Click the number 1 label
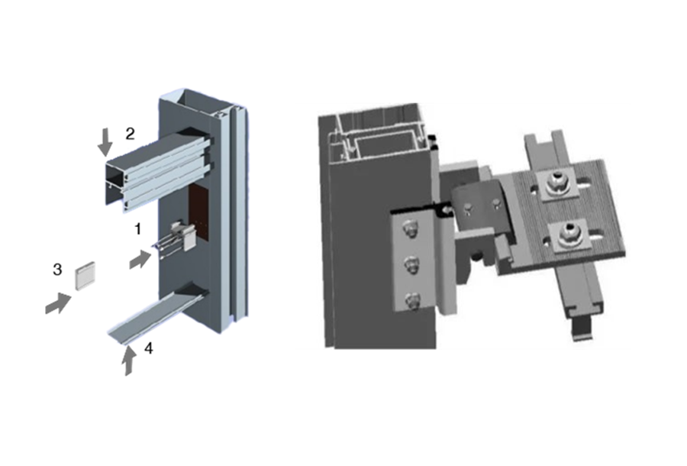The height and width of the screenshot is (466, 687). click(x=138, y=229)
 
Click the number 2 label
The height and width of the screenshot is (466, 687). click(x=130, y=134)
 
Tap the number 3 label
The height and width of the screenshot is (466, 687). click(x=57, y=270)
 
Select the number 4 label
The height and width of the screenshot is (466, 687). click(x=149, y=348)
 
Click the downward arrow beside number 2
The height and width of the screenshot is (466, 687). click(x=105, y=142)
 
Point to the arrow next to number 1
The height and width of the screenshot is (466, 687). click(x=140, y=259)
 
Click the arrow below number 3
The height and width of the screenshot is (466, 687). click(x=58, y=303)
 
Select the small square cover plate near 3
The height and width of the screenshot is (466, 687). click(x=85, y=276)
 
